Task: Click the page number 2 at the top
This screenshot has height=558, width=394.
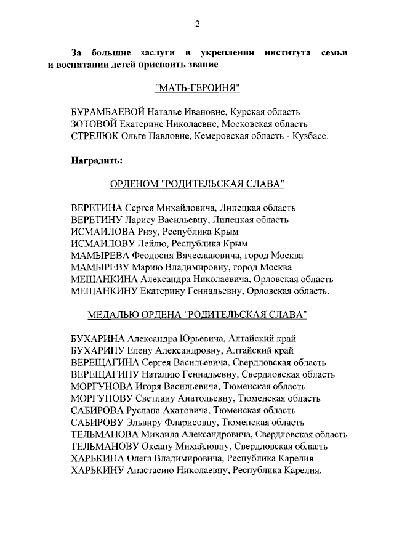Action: (x=197, y=24)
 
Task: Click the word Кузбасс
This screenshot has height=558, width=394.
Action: (x=310, y=135)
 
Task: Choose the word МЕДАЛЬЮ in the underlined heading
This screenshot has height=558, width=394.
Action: (x=112, y=314)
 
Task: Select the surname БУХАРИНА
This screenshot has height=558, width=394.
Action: (x=98, y=338)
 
